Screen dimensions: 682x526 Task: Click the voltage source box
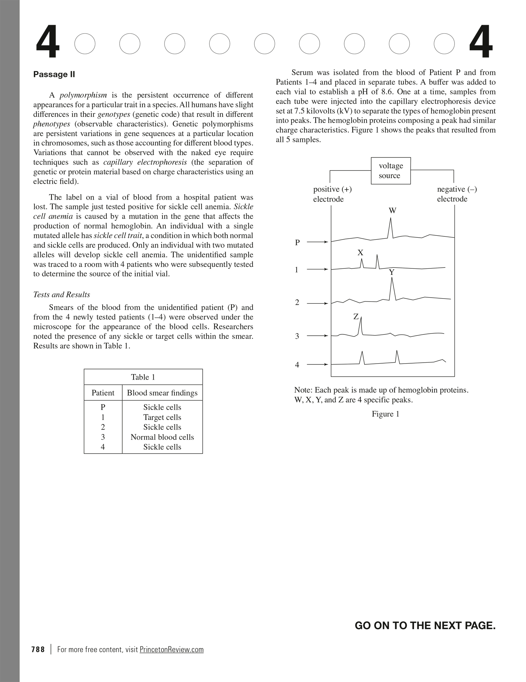point(391,171)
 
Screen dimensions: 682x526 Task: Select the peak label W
point(392,211)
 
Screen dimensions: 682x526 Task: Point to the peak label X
point(361,253)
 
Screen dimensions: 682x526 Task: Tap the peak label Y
point(392,273)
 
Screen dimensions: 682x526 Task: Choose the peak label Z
point(356,317)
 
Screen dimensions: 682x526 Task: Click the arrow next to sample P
point(317,242)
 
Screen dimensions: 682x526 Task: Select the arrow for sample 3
point(317,336)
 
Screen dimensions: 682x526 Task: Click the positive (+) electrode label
point(332,194)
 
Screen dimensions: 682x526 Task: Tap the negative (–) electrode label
point(457,194)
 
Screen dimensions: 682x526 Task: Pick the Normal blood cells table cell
point(162,437)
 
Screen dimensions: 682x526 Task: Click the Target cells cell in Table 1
point(162,417)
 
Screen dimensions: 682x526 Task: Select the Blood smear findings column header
point(162,393)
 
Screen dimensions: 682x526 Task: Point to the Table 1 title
point(143,377)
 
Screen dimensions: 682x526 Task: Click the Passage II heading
point(54,75)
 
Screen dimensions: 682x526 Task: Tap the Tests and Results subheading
point(62,295)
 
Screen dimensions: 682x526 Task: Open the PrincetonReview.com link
point(172,649)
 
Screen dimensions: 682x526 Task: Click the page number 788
point(38,649)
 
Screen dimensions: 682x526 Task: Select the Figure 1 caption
point(386,414)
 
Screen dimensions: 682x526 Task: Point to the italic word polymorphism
point(83,95)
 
